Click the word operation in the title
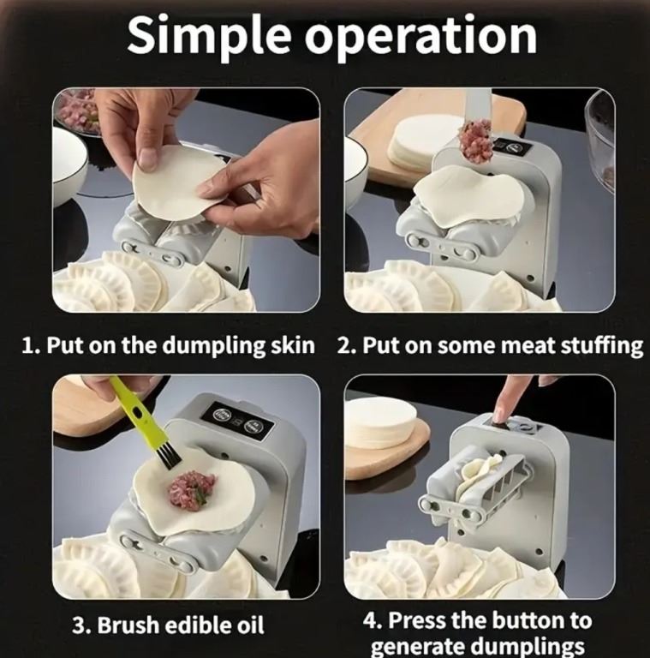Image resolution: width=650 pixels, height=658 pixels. (x=420, y=37)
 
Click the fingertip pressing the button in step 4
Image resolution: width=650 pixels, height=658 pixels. (x=498, y=416)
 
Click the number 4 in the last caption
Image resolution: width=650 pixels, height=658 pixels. (x=369, y=621)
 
